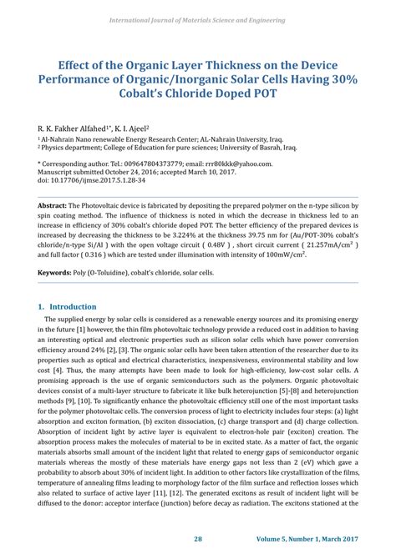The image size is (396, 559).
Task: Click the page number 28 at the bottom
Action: click(198, 539)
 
